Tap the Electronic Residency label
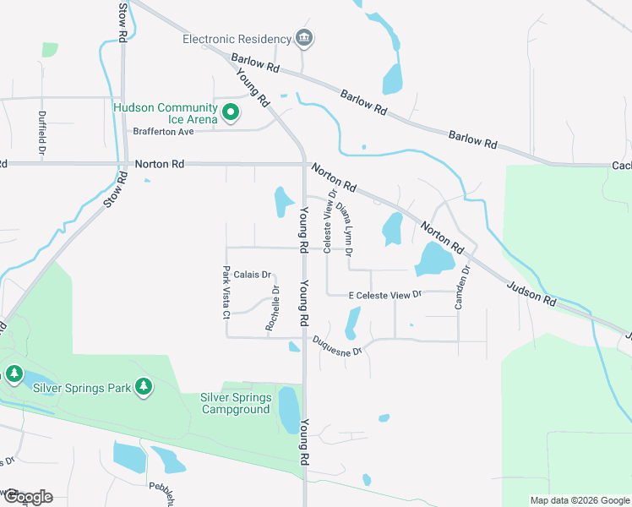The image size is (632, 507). click(236, 38)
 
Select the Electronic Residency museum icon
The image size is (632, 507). click(303, 38)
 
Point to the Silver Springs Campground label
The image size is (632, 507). click(236, 403)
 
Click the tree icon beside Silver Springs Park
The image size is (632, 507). click(144, 387)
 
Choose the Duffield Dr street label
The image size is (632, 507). click(41, 131)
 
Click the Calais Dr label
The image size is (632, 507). click(252, 275)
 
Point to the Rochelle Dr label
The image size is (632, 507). click(273, 308)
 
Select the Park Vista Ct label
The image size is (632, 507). click(226, 292)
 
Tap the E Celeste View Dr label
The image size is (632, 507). click(384, 295)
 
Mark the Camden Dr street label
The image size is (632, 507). click(462, 287)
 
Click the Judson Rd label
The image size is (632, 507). click(531, 289)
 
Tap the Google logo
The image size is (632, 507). click(27, 497)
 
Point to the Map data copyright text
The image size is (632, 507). click(579, 500)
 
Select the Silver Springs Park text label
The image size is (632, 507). click(82, 388)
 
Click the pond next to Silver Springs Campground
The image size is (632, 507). click(288, 410)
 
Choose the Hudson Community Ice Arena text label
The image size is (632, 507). click(166, 113)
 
